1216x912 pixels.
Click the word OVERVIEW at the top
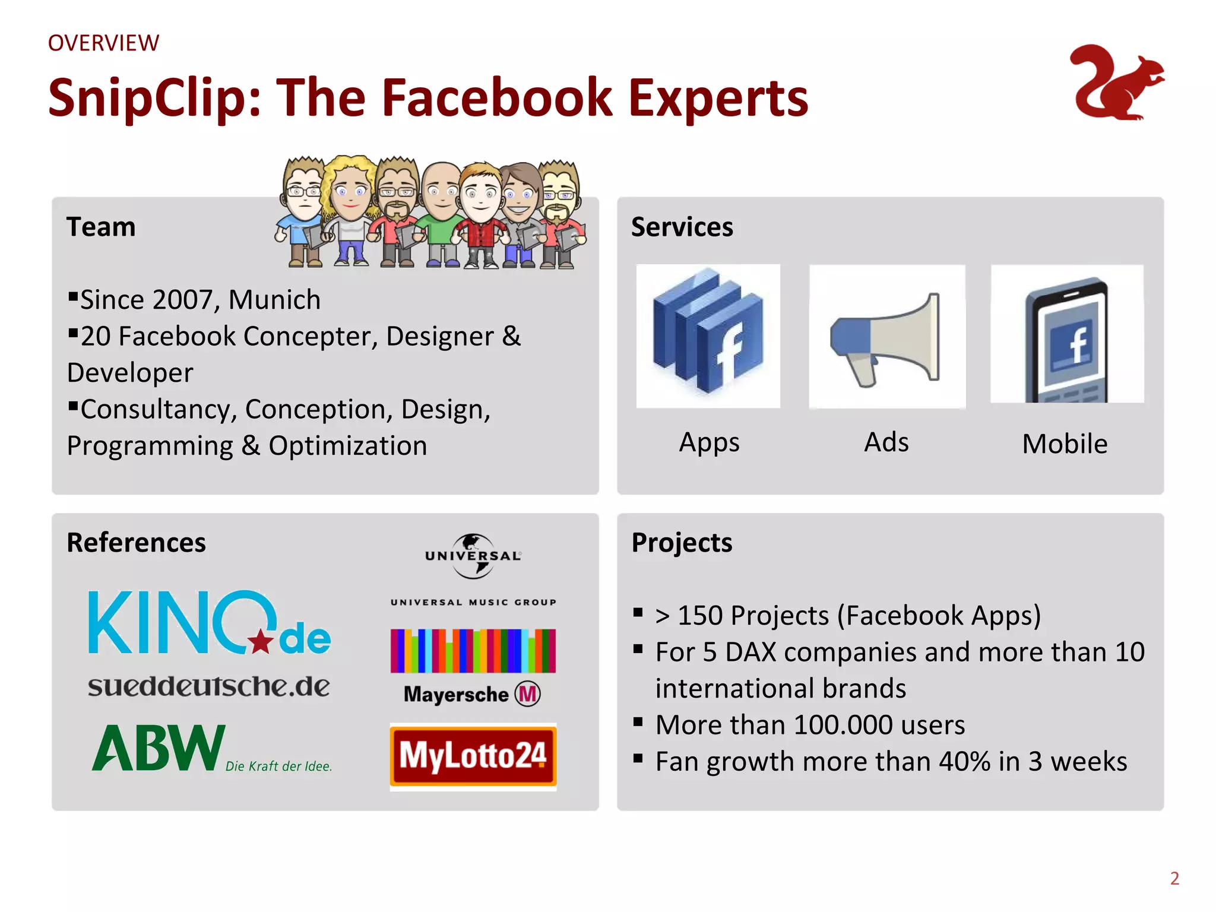coord(103,43)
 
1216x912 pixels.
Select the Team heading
coord(101,227)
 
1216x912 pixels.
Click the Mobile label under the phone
coord(1065,444)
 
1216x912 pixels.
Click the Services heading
coord(682,227)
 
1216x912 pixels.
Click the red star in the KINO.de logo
coord(261,641)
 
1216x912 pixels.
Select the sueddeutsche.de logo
coord(208,686)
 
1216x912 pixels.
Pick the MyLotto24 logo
coord(473,756)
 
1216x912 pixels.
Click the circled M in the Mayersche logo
coord(527,693)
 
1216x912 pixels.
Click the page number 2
coord(1174,878)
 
